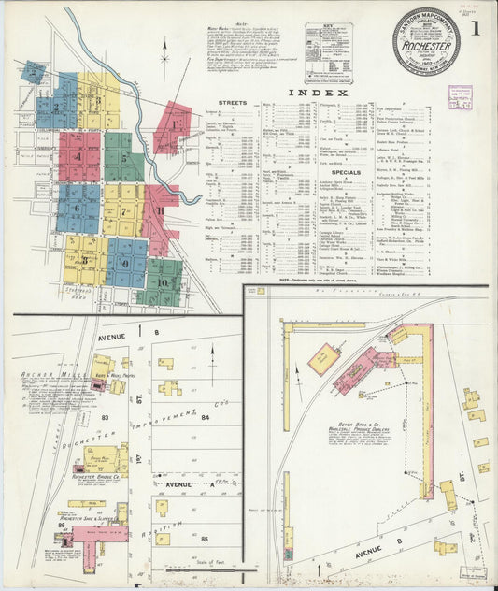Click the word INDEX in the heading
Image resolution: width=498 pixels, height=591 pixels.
point(319,93)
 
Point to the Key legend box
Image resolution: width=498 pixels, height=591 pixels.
point(327,43)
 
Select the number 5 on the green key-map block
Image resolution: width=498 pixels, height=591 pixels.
point(123,157)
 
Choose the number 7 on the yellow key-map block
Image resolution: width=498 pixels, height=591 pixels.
point(123,211)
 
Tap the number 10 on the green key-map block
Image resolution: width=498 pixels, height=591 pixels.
point(162,281)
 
